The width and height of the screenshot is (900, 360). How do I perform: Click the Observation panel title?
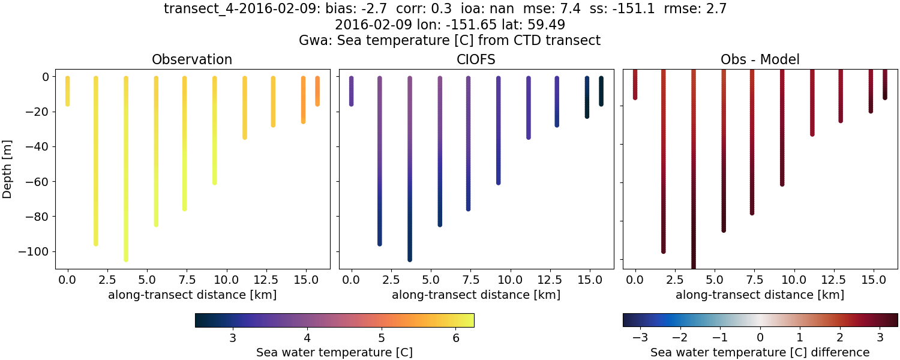click(192, 59)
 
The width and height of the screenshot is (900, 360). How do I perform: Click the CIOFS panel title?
click(476, 59)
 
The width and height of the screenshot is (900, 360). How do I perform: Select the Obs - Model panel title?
click(760, 59)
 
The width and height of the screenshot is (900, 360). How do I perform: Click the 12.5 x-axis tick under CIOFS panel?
click(557, 280)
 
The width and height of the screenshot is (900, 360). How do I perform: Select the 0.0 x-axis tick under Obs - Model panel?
click(635, 280)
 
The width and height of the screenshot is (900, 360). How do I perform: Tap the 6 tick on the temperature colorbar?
click(455, 338)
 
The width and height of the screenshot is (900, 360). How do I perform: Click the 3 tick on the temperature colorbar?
click(232, 338)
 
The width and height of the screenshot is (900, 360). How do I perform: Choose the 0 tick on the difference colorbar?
click(760, 338)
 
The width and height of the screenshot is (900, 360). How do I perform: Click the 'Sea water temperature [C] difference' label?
click(760, 352)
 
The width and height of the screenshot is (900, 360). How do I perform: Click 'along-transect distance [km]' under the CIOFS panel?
click(476, 295)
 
